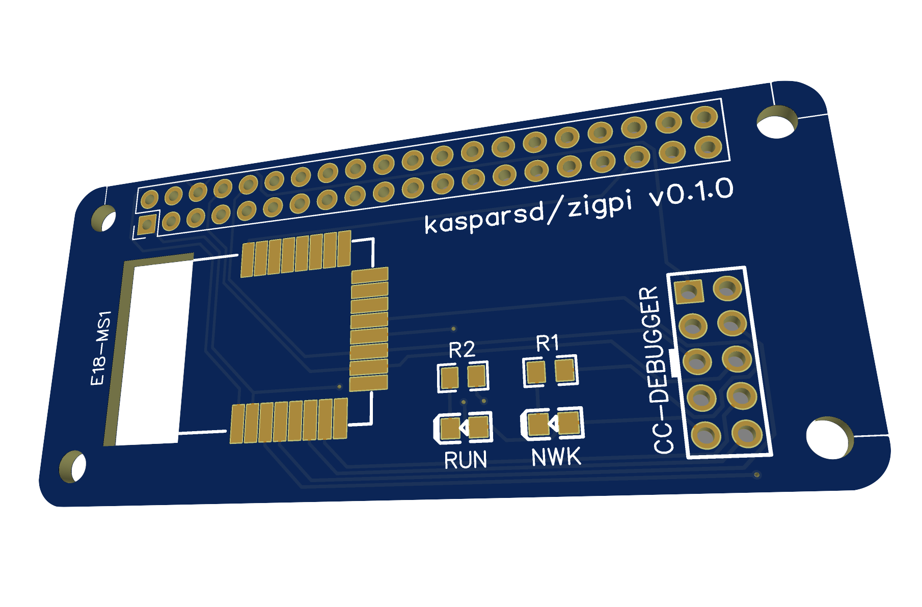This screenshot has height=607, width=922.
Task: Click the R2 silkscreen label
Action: click(462, 350)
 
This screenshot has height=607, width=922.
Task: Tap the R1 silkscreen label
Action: click(548, 344)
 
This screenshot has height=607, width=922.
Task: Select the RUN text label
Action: click(465, 460)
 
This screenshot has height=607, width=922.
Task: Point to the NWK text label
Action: click(556, 457)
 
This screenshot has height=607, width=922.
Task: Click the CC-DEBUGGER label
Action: click(656, 370)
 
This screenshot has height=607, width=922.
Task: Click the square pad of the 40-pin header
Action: click(147, 224)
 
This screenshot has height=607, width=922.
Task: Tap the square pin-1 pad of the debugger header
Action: click(689, 292)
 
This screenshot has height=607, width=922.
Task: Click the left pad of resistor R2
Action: click(449, 379)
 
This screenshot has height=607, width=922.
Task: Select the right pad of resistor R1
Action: click(565, 371)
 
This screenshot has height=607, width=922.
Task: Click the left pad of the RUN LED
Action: click(450, 428)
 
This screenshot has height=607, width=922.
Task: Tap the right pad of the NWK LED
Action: click(570, 423)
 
